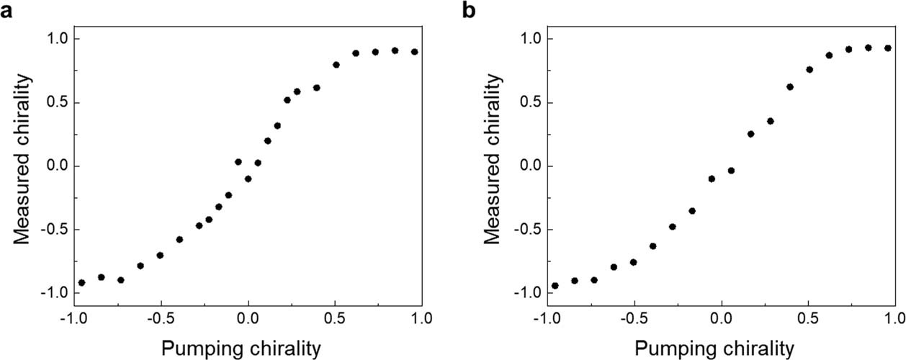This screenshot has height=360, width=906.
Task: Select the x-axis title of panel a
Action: pos(241,348)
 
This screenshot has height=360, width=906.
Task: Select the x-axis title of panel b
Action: pos(714,348)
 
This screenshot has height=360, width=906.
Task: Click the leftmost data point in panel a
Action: pos(81,283)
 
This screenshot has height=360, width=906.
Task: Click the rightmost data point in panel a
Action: pos(414,52)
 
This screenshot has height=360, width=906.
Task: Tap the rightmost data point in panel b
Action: pos(888,48)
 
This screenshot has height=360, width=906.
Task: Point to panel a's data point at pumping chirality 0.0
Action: pos(248,179)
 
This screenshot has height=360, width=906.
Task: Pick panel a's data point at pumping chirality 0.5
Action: pos(336,65)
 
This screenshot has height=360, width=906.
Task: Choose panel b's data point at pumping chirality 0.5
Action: pos(809,70)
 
